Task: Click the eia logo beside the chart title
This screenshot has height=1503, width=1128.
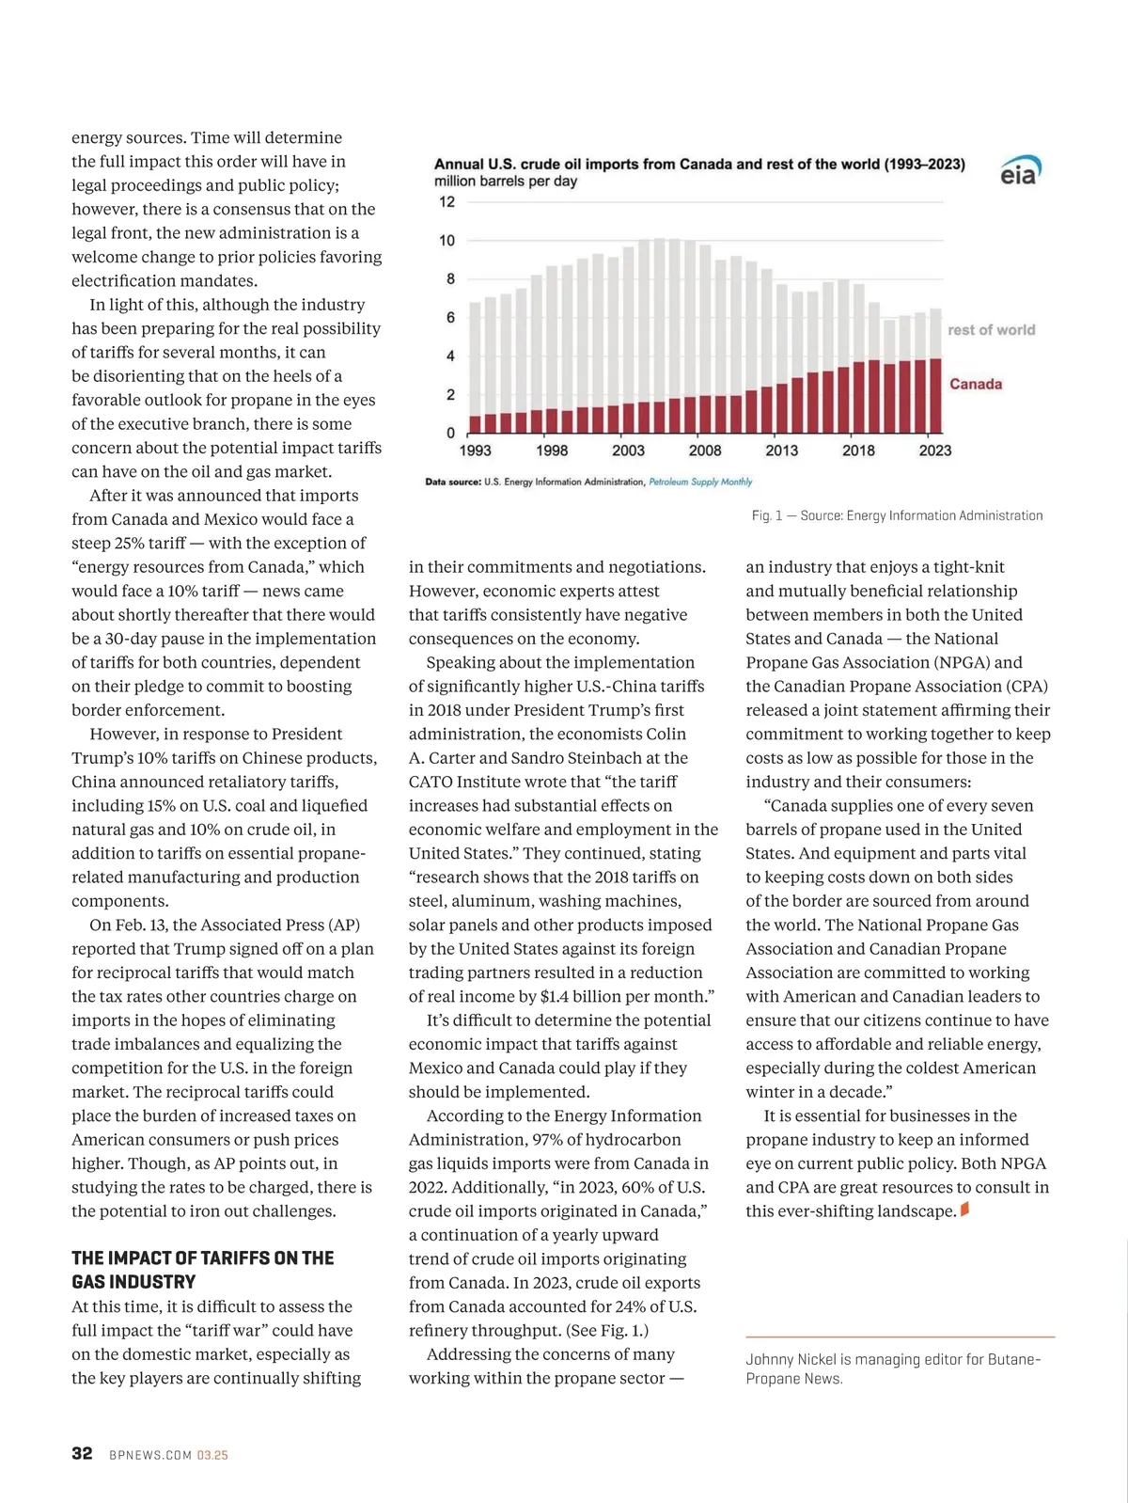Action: coord(1019,171)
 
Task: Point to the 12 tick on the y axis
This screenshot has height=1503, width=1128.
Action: coord(446,202)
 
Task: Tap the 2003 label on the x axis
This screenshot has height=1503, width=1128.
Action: coord(628,451)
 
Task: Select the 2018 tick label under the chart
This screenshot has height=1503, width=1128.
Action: coord(858,451)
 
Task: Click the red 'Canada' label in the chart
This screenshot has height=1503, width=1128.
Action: coord(975,384)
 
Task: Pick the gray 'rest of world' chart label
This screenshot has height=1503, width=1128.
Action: coord(991,330)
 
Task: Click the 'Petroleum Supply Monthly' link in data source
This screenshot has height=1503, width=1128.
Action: coord(700,483)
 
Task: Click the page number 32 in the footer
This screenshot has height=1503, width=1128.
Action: coord(82,1453)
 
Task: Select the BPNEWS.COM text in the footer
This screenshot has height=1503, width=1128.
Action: coord(150,1455)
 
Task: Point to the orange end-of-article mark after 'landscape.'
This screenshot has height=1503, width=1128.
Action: coord(964,1210)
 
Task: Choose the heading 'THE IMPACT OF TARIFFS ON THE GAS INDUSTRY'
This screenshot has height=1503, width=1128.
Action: coord(203,1270)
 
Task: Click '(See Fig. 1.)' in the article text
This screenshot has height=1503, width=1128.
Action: coord(607,1330)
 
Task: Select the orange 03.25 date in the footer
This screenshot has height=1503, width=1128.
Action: coord(212,1455)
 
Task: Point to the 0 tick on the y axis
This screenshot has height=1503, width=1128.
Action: coord(450,434)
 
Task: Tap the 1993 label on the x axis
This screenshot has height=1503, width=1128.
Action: coord(475,451)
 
